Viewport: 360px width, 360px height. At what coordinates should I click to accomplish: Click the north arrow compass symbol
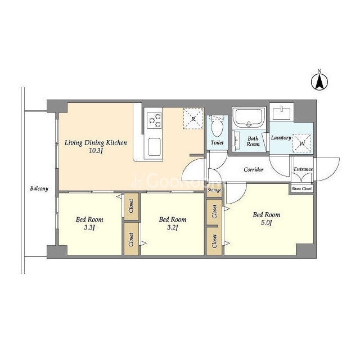[319, 81]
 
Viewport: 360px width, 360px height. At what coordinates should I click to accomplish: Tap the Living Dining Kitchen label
[96, 142]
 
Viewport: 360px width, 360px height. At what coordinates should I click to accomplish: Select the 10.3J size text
[96, 151]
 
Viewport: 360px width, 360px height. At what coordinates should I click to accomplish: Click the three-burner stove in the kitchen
[154, 120]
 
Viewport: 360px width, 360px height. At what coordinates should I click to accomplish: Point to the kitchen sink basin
[154, 147]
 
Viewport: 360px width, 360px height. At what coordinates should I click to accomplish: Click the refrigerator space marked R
[193, 119]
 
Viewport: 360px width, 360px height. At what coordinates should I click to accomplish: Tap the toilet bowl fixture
[217, 128]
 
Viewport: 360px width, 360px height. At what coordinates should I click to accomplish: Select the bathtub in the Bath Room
[249, 118]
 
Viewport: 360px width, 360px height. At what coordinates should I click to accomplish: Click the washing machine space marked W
[302, 143]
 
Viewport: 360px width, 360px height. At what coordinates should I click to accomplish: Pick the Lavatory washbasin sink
[281, 113]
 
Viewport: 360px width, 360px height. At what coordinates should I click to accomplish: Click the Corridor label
[254, 170]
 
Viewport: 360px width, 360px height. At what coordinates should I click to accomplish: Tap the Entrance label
[303, 169]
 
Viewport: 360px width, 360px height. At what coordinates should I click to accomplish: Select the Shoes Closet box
[301, 189]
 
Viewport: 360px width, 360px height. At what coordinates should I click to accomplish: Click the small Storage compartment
[214, 191]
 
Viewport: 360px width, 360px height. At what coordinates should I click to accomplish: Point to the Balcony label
[39, 189]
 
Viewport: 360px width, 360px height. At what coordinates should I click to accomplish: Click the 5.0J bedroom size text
[266, 223]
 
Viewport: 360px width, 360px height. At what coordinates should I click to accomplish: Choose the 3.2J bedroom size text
[173, 227]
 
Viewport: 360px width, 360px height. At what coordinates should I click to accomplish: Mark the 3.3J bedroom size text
[89, 227]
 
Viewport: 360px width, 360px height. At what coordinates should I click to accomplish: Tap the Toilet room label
[217, 142]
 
